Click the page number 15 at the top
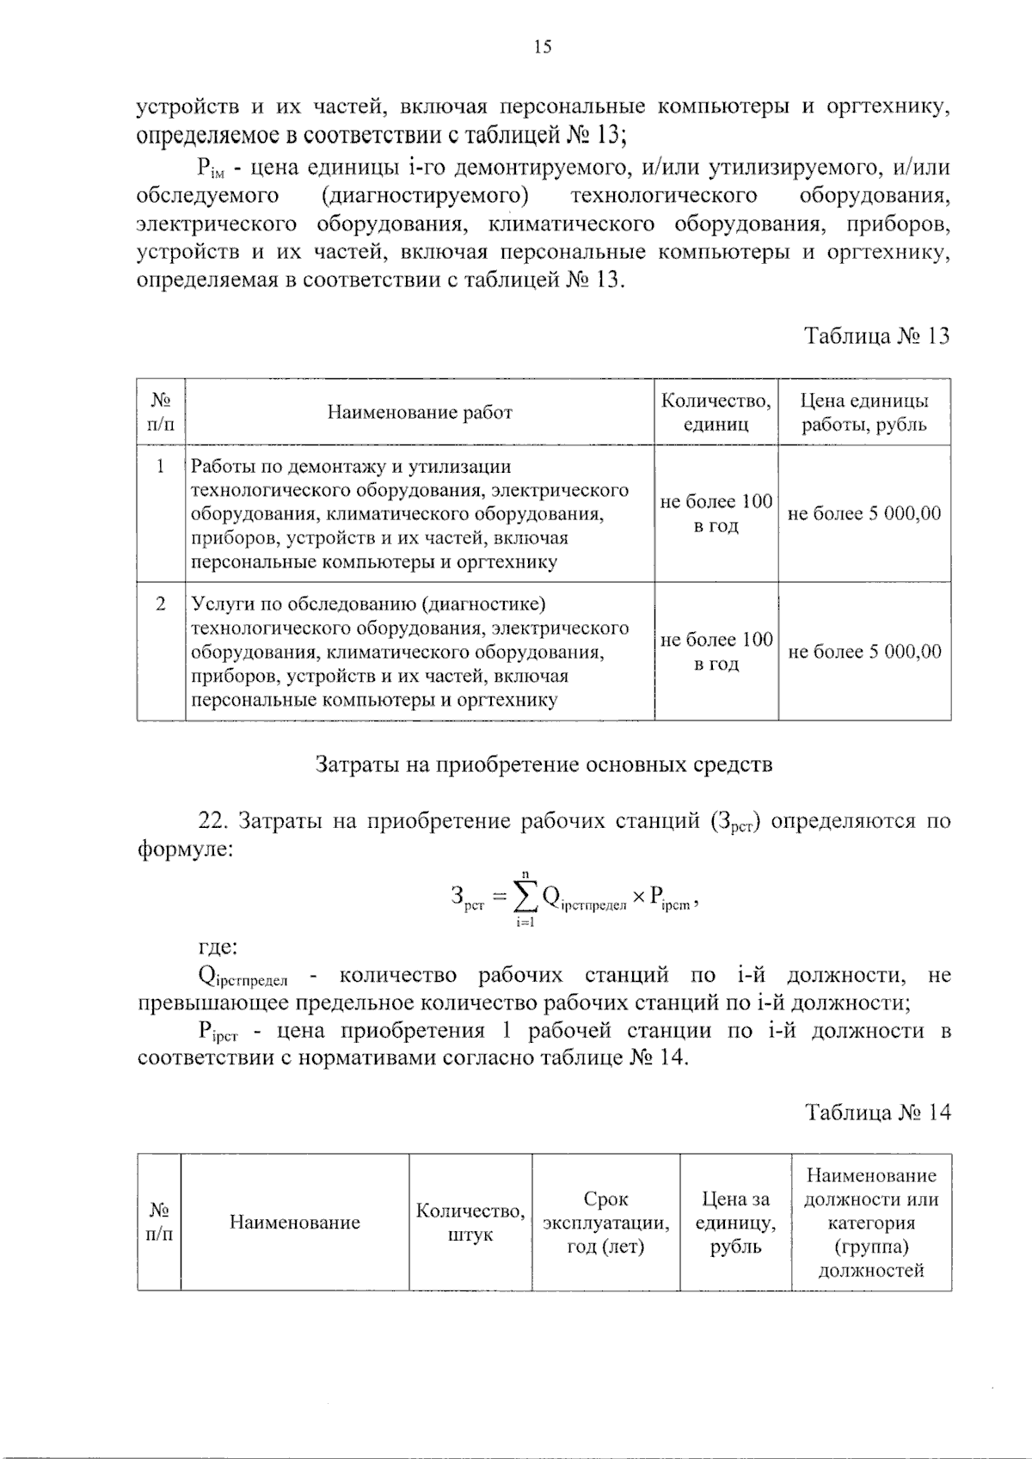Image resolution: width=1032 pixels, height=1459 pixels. pos(542,47)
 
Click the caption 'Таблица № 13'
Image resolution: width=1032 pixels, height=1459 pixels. pos(876,335)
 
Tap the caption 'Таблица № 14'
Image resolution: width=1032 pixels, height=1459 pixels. pos(877,1112)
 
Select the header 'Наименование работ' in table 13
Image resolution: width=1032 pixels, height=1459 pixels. pos(420,412)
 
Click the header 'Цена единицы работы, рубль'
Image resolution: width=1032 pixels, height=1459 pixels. pos(864,412)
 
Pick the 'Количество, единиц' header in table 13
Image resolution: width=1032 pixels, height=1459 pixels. pos(716,412)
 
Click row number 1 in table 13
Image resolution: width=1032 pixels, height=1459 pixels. pos(160,467)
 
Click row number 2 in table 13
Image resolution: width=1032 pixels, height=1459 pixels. pos(160,604)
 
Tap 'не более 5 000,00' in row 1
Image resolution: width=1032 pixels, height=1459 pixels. pos(864,513)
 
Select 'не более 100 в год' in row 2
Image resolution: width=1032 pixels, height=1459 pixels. pos(716,651)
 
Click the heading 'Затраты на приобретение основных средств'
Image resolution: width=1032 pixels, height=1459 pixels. pos(544,763)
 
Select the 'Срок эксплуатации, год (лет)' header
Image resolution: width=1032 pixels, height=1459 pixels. pos(605,1222)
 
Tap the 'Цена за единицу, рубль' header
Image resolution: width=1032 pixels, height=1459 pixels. pos(735,1222)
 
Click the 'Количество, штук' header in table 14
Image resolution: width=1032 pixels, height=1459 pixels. pos(470,1222)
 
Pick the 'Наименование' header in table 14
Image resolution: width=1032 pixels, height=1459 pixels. pos(294,1222)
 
